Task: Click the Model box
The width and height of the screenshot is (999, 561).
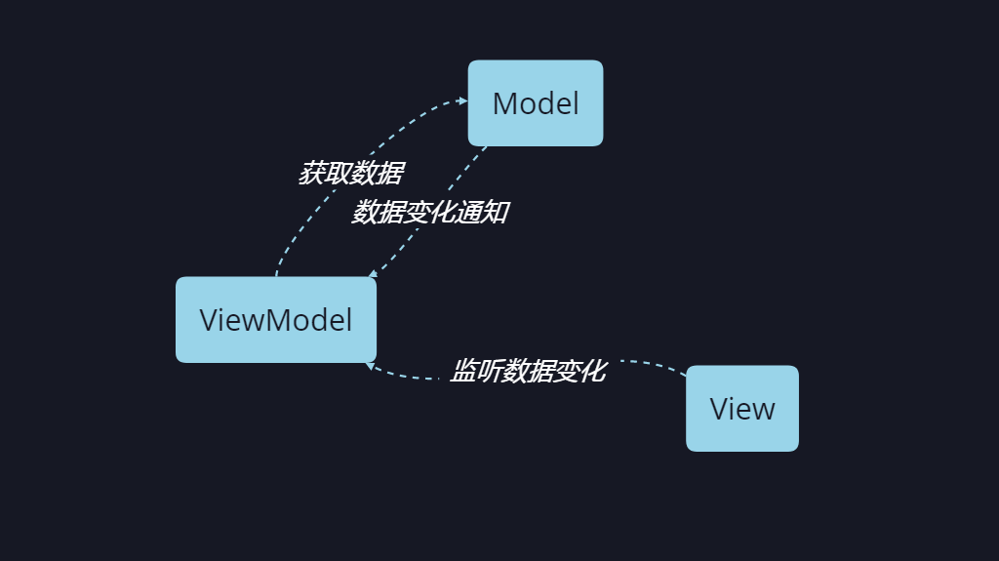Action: tap(536, 103)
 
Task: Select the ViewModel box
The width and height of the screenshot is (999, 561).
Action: tap(276, 319)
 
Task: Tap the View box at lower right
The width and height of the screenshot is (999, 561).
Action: tap(742, 409)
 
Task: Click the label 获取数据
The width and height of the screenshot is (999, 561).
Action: tap(350, 174)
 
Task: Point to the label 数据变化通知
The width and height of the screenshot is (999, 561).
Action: tap(429, 212)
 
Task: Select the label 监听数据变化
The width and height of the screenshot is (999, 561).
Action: tap(528, 371)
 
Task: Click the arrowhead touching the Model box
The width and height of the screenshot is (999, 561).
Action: tap(462, 100)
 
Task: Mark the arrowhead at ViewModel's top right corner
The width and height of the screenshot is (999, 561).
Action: tap(373, 276)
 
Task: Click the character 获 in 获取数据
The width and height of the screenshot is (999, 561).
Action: tap(311, 174)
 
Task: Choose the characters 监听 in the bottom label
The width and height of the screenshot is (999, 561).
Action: tap(475, 371)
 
